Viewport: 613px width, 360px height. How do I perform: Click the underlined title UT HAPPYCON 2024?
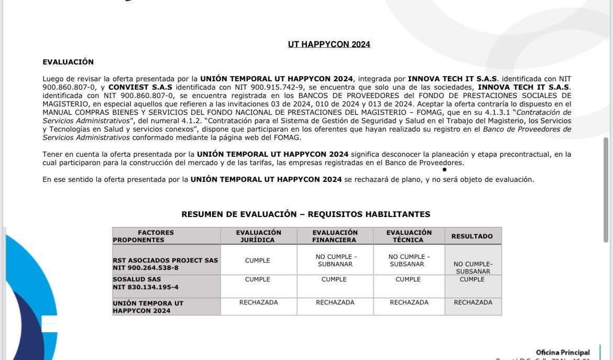pyautogui.click(x=329, y=45)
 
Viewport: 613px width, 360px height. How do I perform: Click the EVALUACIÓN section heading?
pyautogui.click(x=68, y=62)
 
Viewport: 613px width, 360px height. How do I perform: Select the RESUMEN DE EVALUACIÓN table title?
pyautogui.click(x=305, y=214)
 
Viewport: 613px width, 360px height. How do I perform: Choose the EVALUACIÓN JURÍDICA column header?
pyautogui.click(x=258, y=236)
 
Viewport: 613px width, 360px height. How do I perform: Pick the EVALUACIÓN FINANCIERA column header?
pyautogui.click(x=335, y=236)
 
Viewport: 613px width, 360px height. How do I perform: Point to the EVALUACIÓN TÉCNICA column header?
pyautogui.click(x=409, y=236)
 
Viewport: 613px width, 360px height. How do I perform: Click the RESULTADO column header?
pyautogui.click(x=472, y=236)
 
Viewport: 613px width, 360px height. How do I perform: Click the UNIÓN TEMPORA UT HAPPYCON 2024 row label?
pyautogui.click(x=148, y=307)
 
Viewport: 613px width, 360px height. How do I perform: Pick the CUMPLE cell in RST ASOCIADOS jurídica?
pyautogui.click(x=258, y=260)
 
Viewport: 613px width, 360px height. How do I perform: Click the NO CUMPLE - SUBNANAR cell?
pyautogui.click(x=335, y=260)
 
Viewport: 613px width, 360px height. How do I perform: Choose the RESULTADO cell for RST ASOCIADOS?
pyautogui.click(x=473, y=268)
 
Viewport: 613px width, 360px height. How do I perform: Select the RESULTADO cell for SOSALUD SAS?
pyautogui.click(x=472, y=280)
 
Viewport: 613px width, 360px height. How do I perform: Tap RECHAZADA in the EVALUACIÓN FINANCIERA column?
pyautogui.click(x=335, y=302)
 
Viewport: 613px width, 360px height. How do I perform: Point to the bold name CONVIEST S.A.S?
pyautogui.click(x=140, y=87)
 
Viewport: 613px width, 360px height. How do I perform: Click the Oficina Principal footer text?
pyautogui.click(x=562, y=353)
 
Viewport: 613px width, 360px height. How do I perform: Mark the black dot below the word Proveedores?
pyautogui.click(x=444, y=170)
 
